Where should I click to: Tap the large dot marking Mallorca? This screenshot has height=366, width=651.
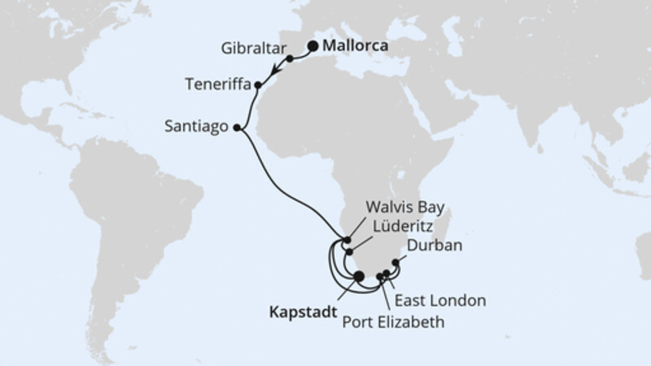[x=312, y=46]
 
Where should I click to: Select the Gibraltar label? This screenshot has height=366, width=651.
[x=248, y=48]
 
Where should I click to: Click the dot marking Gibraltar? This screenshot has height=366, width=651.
[x=289, y=59]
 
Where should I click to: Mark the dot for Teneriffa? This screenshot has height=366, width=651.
[x=258, y=85]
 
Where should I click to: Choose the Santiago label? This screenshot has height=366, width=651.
[x=198, y=128]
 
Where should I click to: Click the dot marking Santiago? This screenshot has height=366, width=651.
[x=237, y=127]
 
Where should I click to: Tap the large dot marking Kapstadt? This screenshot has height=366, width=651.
[x=359, y=276]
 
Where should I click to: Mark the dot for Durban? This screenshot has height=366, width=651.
[x=395, y=262]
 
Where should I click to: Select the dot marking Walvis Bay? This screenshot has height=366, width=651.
[x=347, y=240]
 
